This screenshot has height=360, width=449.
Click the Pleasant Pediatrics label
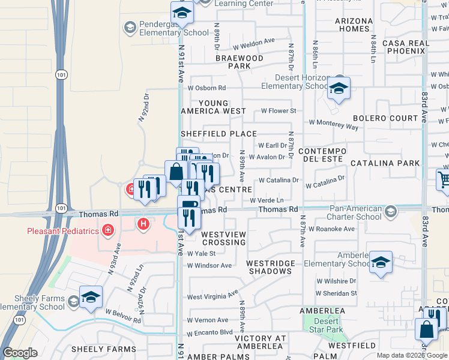coord(61,230)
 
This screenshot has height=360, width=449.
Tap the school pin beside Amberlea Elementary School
coord(380,262)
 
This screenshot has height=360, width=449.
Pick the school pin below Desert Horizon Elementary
coord(339,89)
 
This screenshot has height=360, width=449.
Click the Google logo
coord(20,353)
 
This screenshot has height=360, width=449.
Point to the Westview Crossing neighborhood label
coord(224,238)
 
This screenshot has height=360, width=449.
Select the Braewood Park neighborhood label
coord(240,62)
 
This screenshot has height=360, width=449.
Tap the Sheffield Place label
coord(218,134)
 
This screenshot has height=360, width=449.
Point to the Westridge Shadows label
coord(269,267)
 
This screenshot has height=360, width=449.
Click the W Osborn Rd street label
coord(206,88)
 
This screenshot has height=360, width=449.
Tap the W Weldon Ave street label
coord(253,43)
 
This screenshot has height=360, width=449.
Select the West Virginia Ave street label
coord(212,296)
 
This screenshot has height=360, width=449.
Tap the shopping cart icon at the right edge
coord(444,179)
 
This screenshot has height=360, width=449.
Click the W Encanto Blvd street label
coord(209,333)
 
